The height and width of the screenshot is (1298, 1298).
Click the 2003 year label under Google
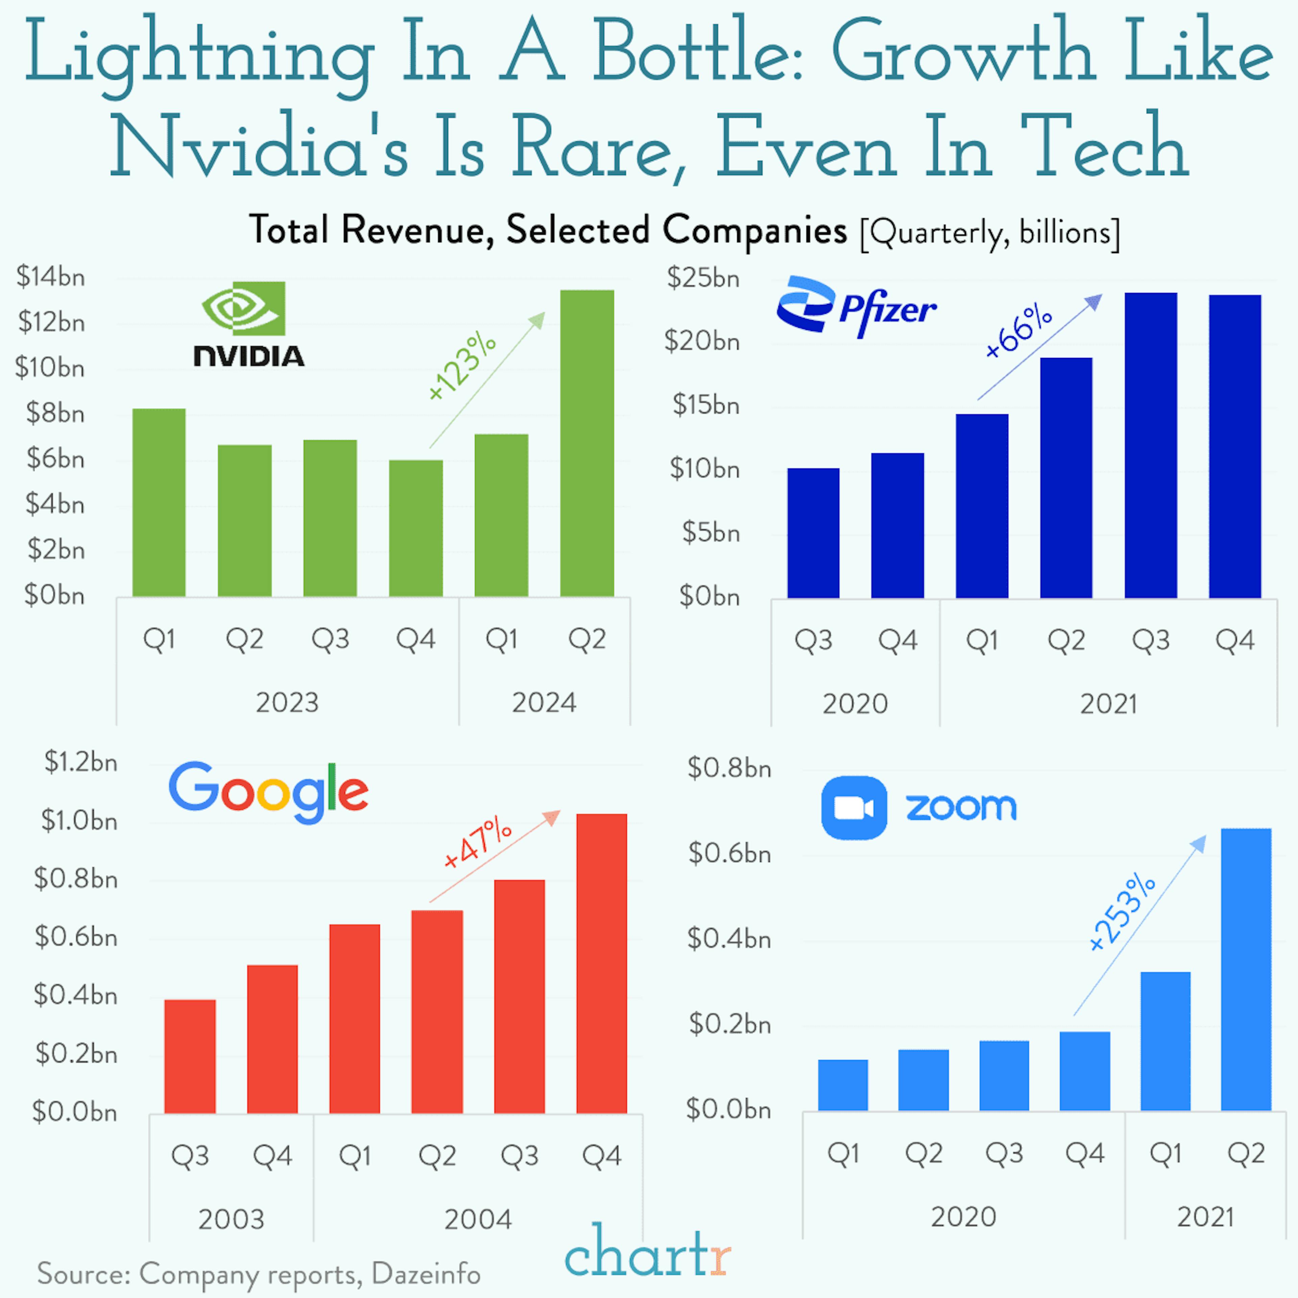coord(231,1219)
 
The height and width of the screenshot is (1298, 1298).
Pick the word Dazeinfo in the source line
coord(426,1273)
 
